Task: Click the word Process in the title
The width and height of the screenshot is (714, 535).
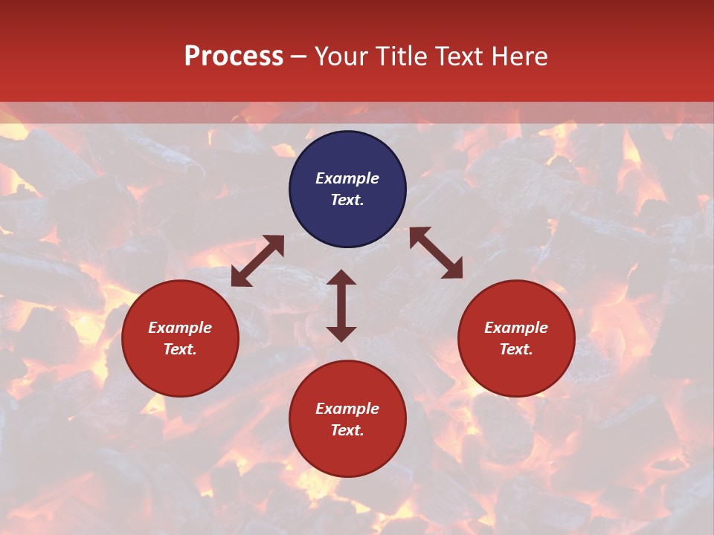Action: (234, 56)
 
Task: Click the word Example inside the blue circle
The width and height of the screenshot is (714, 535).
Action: (347, 178)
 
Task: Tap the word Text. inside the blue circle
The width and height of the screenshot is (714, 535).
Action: (347, 201)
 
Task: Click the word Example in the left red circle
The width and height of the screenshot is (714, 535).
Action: (180, 328)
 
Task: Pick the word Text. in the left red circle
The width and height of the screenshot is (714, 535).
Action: (180, 350)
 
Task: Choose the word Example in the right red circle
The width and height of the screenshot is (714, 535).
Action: (516, 328)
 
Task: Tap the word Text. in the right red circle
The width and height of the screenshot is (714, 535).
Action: (516, 350)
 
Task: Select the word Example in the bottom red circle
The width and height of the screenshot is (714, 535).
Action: (347, 409)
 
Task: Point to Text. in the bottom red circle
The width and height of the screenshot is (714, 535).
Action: (347, 431)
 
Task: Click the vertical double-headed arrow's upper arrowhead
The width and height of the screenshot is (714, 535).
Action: (341, 278)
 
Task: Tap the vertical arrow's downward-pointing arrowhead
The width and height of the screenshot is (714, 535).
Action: (341, 333)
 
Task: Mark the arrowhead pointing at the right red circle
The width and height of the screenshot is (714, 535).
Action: (453, 270)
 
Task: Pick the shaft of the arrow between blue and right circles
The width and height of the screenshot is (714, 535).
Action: (436, 253)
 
